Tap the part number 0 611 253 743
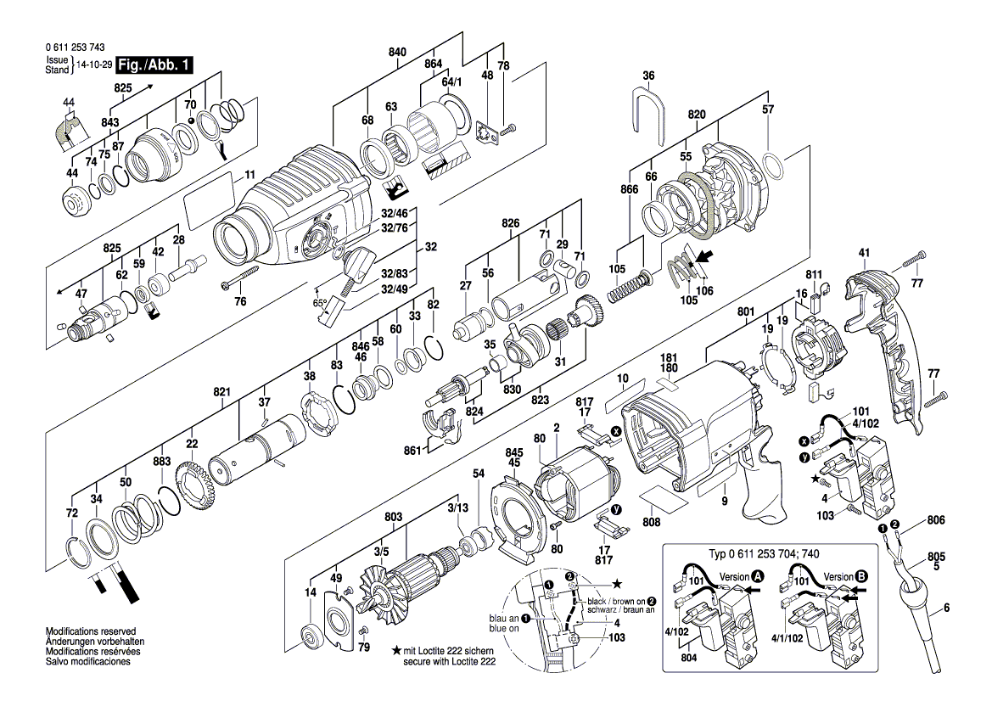76,48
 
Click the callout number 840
396,53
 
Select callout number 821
221,392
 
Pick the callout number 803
393,517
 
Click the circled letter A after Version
757,576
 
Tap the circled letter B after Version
861,576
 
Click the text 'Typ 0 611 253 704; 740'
764,554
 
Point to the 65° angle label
319,303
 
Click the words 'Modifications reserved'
91,631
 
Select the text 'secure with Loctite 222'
450,662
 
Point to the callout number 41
864,253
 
